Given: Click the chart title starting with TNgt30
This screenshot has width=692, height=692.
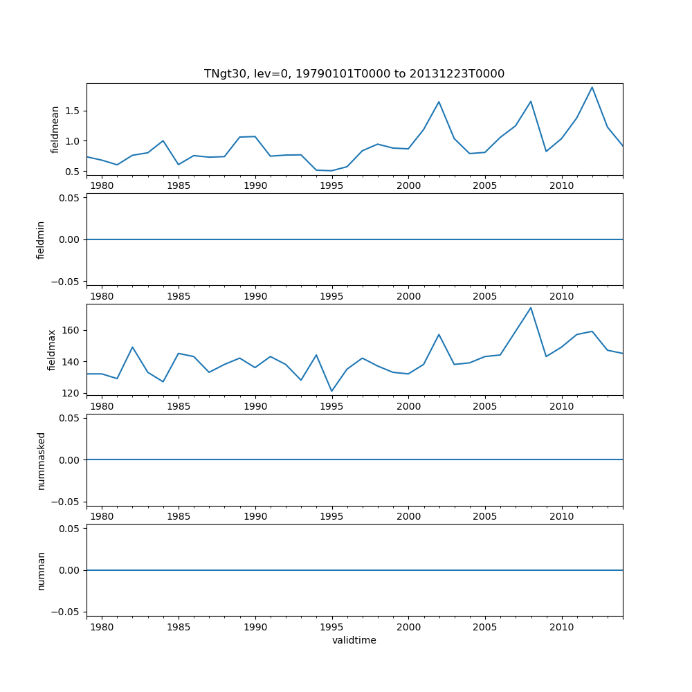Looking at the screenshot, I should point(354,73).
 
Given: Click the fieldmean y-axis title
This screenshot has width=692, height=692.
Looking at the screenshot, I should point(55,129).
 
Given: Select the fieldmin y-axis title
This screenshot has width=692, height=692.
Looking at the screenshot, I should point(41,239).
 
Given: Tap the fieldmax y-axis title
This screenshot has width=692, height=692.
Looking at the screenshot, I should point(51,349).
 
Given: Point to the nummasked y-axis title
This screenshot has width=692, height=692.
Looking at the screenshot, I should point(41,460).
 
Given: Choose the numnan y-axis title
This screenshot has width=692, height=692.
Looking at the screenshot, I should point(41,570).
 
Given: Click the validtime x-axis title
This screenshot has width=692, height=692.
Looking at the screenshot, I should point(354,640).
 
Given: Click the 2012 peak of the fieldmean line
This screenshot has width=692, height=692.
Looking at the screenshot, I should point(592,87).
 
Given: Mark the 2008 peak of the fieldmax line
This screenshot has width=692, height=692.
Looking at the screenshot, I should point(531,307).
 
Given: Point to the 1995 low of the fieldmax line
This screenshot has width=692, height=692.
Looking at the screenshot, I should point(331,391).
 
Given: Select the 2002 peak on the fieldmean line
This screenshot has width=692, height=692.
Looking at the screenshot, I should point(439,102).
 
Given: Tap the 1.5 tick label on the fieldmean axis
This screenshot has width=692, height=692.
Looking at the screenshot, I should point(72,111).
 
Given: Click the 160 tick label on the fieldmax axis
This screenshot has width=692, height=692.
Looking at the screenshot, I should point(71,330).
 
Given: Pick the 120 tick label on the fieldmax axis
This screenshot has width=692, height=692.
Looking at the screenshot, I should point(71,393).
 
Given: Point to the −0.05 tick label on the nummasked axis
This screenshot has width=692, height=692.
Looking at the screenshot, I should point(66,501).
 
